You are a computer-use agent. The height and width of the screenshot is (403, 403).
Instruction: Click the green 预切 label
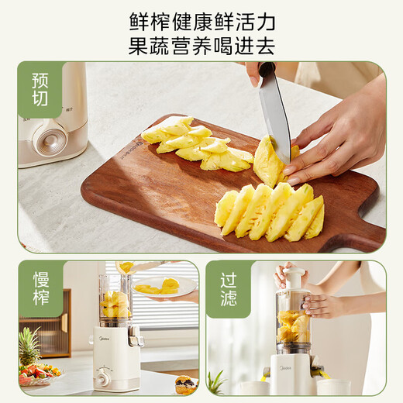pyautogui.click(x=40, y=91)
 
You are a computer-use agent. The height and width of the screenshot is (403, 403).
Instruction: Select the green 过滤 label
pyautogui.click(x=229, y=288)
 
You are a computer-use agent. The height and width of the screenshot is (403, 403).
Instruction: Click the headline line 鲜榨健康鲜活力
pyautogui.click(x=201, y=21)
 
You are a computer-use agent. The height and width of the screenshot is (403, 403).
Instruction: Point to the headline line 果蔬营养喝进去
pyautogui.click(x=201, y=45)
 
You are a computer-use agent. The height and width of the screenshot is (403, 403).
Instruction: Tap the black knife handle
pyautogui.click(x=265, y=70)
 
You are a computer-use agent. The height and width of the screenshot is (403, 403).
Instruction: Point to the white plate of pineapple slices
pyautogui.click(x=164, y=288)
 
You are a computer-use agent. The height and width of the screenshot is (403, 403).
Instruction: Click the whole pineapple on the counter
pyautogui.click(x=29, y=349)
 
